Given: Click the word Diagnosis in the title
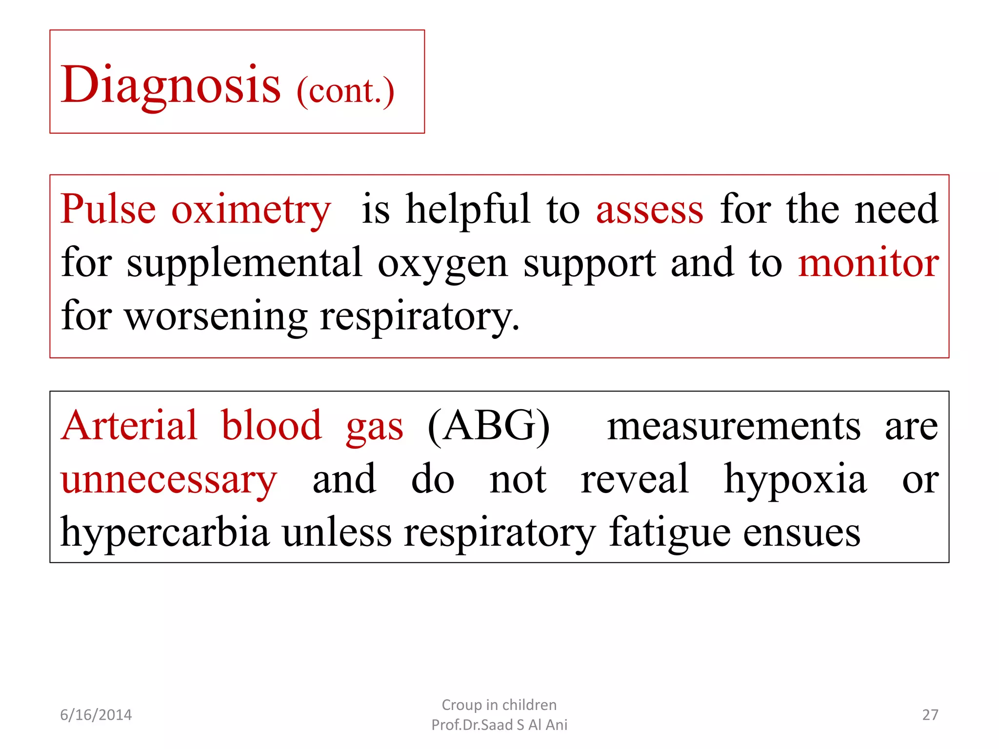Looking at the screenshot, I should click(171, 85).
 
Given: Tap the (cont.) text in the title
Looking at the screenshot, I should click(345, 91).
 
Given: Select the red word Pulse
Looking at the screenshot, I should click(108, 209).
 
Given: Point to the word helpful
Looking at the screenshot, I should click(468, 209).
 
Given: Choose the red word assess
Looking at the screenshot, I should click(650, 210).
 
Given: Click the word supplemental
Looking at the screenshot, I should click(245, 263).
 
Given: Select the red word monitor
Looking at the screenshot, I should click(868, 263).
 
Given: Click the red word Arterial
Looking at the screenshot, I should click(129, 425).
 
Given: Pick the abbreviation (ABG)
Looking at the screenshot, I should click(489, 426).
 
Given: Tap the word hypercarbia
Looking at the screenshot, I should click(165, 532).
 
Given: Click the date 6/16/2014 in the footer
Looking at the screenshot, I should click(96, 715).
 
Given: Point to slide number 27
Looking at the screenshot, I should click(930, 715).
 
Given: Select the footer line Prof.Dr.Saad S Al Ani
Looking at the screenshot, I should click(499, 725).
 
